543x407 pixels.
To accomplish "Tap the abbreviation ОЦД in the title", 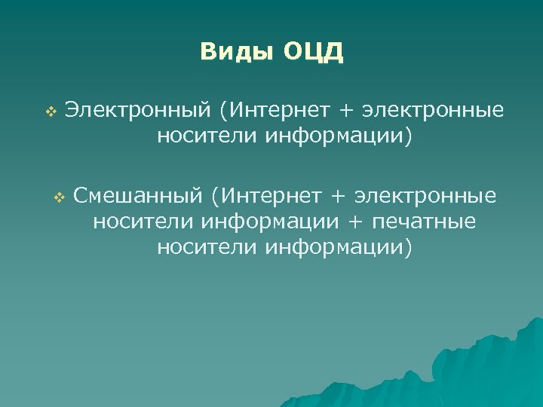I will click(x=314, y=52).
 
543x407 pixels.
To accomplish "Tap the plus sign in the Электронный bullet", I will click(x=345, y=112).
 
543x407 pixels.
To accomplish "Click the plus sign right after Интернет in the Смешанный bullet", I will click(x=338, y=197).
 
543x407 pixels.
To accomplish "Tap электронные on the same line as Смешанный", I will click(x=425, y=197).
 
